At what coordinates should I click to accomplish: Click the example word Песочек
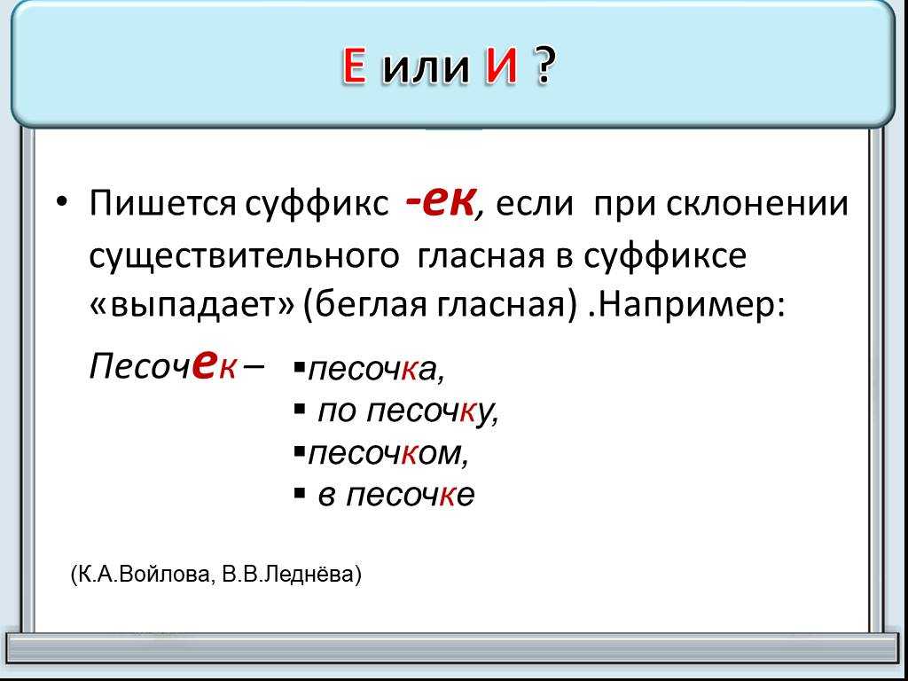click(162, 366)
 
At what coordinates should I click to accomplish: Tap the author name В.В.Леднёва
click(287, 575)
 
